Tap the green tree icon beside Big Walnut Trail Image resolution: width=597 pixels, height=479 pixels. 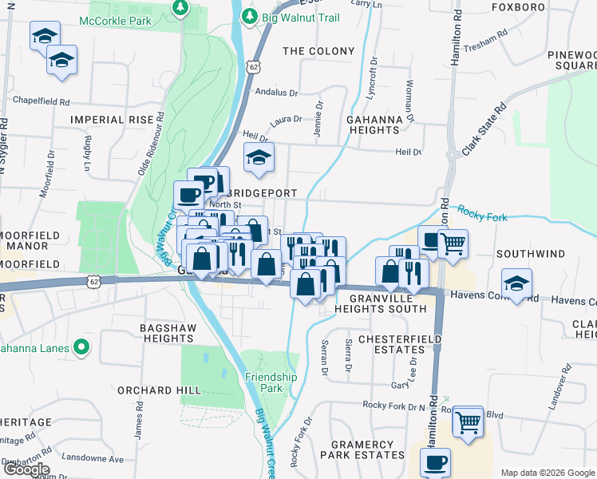[x=251, y=16]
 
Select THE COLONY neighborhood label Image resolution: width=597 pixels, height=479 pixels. [x=318, y=51]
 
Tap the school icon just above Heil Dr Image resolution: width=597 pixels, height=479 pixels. [x=259, y=158]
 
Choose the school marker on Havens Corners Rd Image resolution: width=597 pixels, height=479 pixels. [x=517, y=283]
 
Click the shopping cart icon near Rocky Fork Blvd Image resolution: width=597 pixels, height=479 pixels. [x=468, y=421]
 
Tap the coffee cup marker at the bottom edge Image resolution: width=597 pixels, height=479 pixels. [x=435, y=462]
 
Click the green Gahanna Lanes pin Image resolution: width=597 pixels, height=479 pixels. [x=81, y=347]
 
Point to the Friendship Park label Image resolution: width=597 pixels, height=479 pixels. [x=271, y=382]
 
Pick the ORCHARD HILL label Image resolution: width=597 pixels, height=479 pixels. [x=155, y=390]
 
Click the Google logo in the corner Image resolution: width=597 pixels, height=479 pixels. [x=26, y=469]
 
